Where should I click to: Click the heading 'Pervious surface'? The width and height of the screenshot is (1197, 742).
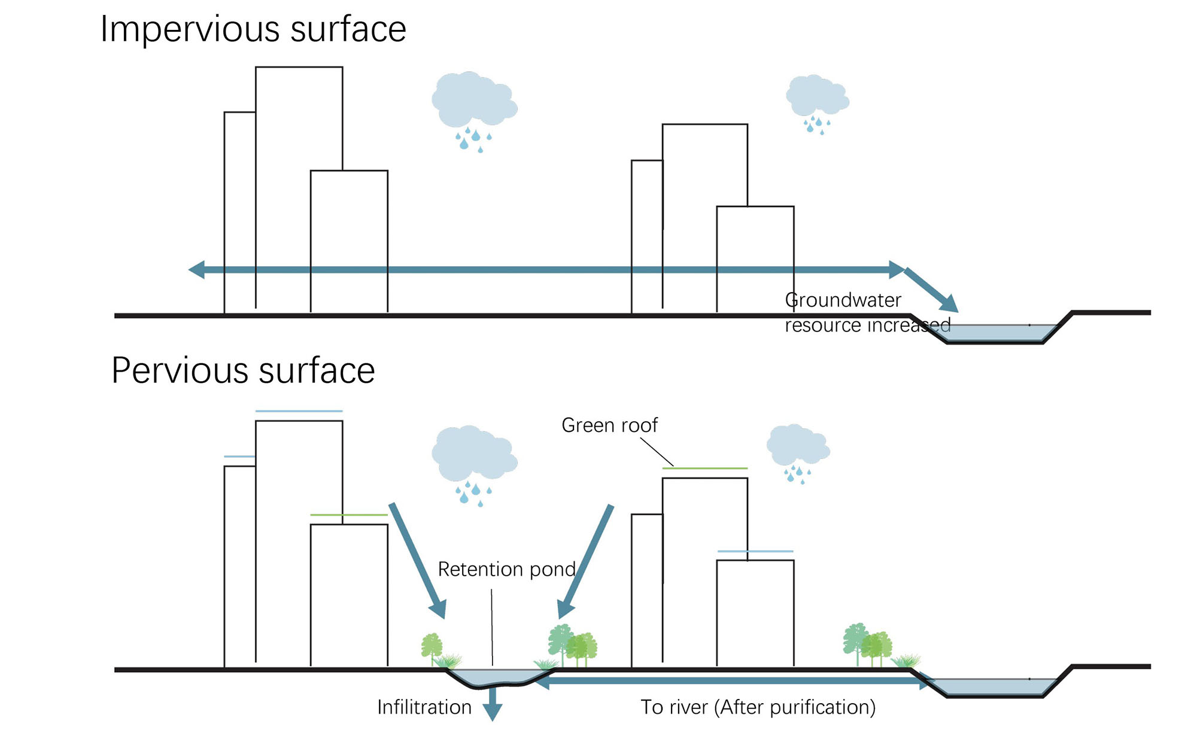coord(243,370)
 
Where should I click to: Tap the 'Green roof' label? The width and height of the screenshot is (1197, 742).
coord(609,425)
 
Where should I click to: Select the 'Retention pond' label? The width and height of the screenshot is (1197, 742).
coord(506,569)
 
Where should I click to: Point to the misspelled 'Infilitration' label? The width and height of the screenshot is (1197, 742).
coord(424,707)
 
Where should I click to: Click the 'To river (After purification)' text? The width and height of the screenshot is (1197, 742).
coord(758,707)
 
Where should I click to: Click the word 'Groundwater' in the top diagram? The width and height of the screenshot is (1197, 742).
coord(843,300)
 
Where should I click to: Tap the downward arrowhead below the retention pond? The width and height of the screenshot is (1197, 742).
coord(492,712)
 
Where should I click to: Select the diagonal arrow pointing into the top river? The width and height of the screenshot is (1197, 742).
coord(931,291)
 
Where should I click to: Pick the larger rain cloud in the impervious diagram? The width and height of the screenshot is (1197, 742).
coord(473,101)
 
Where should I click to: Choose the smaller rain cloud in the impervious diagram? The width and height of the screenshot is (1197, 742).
coord(817,96)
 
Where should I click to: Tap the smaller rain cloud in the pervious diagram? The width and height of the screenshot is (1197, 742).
coord(798,446)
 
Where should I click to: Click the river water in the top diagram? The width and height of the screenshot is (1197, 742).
coord(997,333)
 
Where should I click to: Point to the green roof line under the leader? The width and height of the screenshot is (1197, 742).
coord(704,468)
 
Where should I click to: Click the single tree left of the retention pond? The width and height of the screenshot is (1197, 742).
coord(431,647)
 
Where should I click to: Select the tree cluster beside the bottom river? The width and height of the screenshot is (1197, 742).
coord(867,644)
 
